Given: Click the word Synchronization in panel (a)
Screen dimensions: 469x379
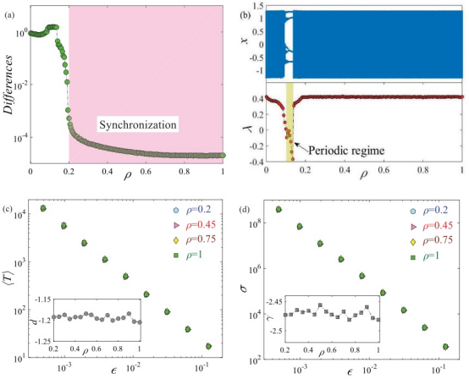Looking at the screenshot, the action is [x=138, y=124].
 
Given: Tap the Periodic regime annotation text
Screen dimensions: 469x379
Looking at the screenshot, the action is [x=346, y=150].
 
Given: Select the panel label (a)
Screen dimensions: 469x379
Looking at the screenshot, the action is [x=8, y=15].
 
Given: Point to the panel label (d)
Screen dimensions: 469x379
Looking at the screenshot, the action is [x=245, y=210].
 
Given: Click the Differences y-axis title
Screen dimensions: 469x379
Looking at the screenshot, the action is [x=8, y=85].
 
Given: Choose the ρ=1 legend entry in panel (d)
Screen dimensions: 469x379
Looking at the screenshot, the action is [x=425, y=255].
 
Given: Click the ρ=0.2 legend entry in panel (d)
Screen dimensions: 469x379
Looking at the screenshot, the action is [x=429, y=211].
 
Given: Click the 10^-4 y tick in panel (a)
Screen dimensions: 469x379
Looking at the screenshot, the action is [x=21, y=138].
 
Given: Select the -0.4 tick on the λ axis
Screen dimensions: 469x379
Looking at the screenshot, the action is [x=257, y=162].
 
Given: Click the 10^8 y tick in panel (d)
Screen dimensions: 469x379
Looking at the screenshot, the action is [x=257, y=222].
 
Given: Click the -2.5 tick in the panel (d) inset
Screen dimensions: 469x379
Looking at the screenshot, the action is [x=278, y=331].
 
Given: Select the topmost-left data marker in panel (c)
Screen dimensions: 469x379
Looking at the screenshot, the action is [x=43, y=208].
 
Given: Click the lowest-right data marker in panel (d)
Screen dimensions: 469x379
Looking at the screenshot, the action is [x=445, y=346].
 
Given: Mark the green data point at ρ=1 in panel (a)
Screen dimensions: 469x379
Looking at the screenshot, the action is [x=223, y=156].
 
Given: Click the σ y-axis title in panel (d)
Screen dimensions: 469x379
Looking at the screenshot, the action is [x=244, y=288].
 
